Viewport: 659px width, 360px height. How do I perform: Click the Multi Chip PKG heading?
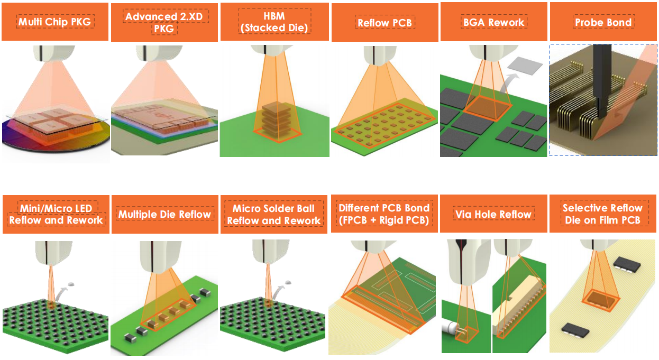(54, 22)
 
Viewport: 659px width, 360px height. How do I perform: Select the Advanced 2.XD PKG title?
(164, 22)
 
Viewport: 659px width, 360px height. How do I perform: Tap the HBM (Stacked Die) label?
(273, 22)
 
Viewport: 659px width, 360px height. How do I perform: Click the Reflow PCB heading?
(384, 23)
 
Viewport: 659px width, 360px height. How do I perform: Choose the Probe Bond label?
(603, 22)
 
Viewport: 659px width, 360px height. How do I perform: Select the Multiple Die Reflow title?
(164, 214)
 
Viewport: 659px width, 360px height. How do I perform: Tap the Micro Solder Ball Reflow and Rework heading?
(273, 214)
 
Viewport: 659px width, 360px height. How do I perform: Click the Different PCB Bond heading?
(384, 214)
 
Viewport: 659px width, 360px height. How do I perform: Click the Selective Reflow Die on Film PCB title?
(603, 214)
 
